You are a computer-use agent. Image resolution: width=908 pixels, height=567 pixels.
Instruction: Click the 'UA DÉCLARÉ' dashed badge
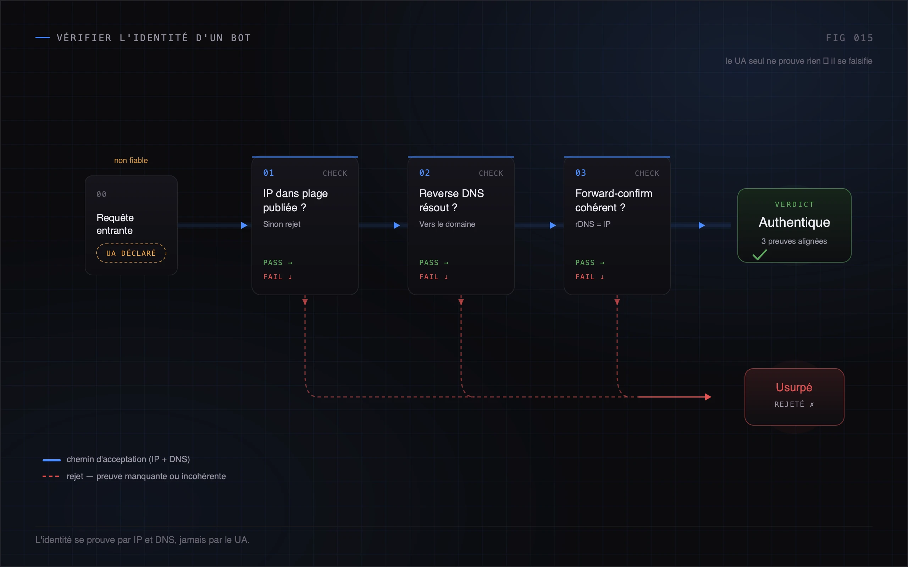pyautogui.click(x=131, y=253)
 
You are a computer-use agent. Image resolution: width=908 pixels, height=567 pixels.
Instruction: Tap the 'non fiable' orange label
pyautogui.click(x=131, y=161)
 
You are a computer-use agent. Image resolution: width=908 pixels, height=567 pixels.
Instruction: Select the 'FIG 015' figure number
pyautogui.click(x=849, y=38)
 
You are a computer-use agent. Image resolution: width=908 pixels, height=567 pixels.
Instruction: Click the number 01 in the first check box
pyautogui.click(x=268, y=173)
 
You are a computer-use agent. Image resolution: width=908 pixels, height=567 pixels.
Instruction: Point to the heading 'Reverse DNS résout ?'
pyautogui.click(x=452, y=200)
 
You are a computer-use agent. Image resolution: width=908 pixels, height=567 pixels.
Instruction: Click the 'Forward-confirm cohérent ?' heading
pyautogui.click(x=614, y=200)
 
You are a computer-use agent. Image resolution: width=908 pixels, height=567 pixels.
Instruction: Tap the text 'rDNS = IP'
pyautogui.click(x=593, y=224)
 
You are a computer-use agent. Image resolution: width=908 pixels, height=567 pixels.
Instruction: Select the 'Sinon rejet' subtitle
pyautogui.click(x=282, y=224)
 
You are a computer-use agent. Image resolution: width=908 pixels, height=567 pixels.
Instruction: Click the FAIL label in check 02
pyautogui.click(x=429, y=277)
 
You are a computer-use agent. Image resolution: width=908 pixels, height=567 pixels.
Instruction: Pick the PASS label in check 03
pyautogui.click(x=585, y=263)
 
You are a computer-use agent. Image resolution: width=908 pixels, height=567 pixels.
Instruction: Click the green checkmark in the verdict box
pyautogui.click(x=759, y=255)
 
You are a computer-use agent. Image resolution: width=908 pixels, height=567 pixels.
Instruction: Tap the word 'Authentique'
pyautogui.click(x=794, y=223)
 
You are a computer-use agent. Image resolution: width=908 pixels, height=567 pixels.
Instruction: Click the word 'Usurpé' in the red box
pyautogui.click(x=794, y=387)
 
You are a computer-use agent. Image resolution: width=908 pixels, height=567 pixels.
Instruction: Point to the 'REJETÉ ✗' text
pyautogui.click(x=794, y=404)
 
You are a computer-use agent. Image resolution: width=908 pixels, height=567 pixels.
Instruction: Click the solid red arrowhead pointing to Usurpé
pyautogui.click(x=708, y=397)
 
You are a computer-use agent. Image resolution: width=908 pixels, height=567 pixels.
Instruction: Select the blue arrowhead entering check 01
pyautogui.click(x=244, y=225)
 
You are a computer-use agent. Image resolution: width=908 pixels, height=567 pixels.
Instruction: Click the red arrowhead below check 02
pyautogui.click(x=461, y=302)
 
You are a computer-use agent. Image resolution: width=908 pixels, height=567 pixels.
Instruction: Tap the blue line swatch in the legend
pyautogui.click(x=52, y=460)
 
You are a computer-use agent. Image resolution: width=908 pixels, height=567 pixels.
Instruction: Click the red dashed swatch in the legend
pyautogui.click(x=51, y=476)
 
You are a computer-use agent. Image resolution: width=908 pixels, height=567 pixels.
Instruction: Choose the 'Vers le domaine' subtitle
pyautogui.click(x=447, y=224)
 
